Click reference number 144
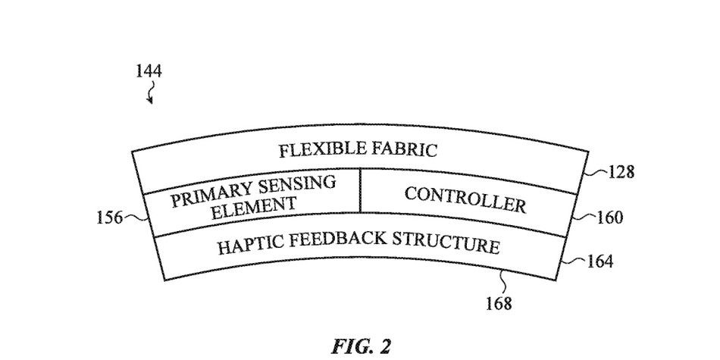(149, 71)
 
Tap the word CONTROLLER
(465, 200)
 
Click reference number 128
(621, 172)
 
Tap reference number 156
(109, 218)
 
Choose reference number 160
(610, 218)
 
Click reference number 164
(599, 261)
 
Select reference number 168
(499, 303)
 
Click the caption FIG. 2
(361, 346)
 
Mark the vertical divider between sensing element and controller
(361, 189)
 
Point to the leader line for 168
(503, 281)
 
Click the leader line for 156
(136, 218)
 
